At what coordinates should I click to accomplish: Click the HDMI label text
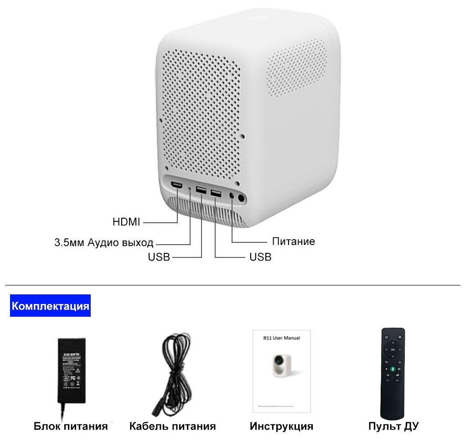point(126,222)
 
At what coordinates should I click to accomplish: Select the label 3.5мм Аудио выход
point(104,242)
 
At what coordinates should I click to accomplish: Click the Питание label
point(293,241)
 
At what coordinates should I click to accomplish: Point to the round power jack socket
point(241,198)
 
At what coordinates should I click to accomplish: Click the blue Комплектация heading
point(50,305)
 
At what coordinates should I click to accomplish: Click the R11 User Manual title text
point(281,338)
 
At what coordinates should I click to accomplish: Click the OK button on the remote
point(393,350)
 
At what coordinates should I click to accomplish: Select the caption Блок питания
point(71,426)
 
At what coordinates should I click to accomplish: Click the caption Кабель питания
point(172,426)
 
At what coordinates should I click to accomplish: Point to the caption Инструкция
point(281,426)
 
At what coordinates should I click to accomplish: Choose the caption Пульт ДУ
point(393,426)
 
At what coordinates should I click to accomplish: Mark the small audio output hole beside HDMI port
point(190,187)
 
